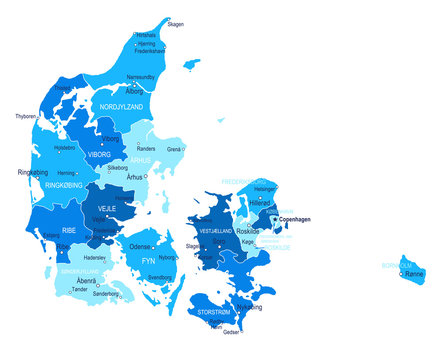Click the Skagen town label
(175, 23)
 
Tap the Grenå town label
(174, 149)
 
